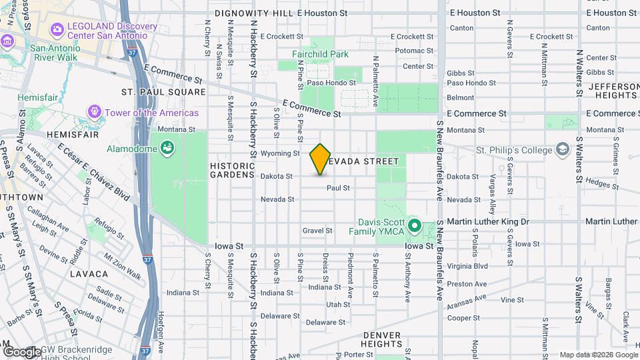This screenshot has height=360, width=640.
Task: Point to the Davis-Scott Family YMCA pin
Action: tap(414, 226)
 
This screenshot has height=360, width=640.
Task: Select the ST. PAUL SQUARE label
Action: tap(163, 91)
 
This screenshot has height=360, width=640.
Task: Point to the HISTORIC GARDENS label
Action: tap(233, 170)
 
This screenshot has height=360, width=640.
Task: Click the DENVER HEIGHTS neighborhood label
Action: tap(381, 339)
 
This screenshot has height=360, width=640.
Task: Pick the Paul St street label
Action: tap(338, 188)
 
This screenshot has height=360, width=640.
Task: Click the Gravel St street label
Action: tap(317, 231)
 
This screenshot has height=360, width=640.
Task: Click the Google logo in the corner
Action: tap(21, 351)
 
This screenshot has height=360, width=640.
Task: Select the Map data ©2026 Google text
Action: tap(598, 355)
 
